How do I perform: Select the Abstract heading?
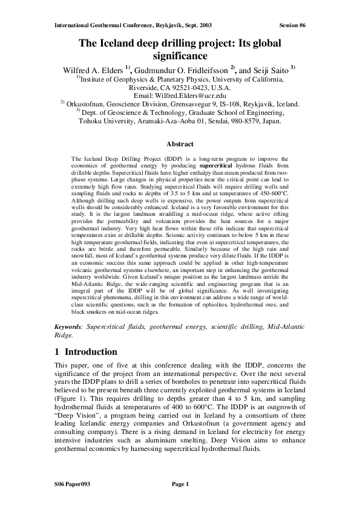point(180,144)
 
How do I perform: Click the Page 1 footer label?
point(181,484)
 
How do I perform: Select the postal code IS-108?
point(234,104)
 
